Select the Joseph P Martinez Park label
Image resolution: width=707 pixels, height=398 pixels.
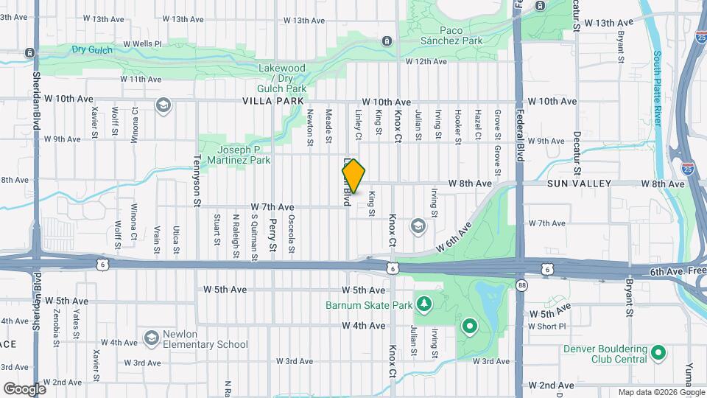point(239,154)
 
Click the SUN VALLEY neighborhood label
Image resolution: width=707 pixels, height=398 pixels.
point(575,183)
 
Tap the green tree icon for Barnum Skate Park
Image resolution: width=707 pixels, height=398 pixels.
point(423,304)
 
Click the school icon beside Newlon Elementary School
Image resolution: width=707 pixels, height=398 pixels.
point(151,338)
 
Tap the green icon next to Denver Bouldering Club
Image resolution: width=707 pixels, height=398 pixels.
point(658,354)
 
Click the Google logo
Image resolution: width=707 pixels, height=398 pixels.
point(24,388)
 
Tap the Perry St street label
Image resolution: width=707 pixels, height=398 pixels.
point(272,234)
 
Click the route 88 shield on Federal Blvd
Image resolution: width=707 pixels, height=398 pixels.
point(522,285)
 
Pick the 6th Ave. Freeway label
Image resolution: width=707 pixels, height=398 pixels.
point(677,272)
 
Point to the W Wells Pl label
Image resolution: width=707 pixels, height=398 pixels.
point(142,43)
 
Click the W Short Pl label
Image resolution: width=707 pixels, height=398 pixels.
point(546,326)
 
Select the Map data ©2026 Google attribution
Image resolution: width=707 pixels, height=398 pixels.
point(661,392)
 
